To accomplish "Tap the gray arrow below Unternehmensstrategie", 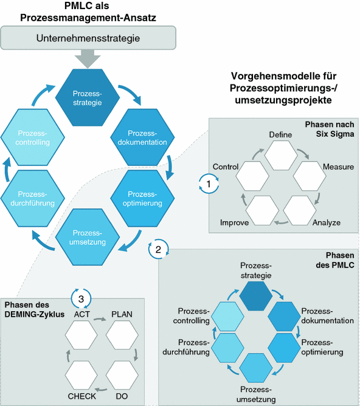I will [x=89, y=60].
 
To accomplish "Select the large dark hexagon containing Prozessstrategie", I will [x=87, y=98].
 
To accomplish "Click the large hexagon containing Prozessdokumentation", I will [x=143, y=137].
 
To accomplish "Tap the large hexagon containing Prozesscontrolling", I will [x=31, y=137].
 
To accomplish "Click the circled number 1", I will [x=209, y=182].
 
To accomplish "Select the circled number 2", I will [x=157, y=249].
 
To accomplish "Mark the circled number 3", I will [x=81, y=298].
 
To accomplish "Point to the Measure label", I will [x=338, y=166].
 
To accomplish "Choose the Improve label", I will [x=234, y=223].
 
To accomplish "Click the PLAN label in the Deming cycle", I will [x=122, y=314].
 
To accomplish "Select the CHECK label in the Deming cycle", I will [x=82, y=396].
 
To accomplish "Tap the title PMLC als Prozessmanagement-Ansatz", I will [x=89, y=12].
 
